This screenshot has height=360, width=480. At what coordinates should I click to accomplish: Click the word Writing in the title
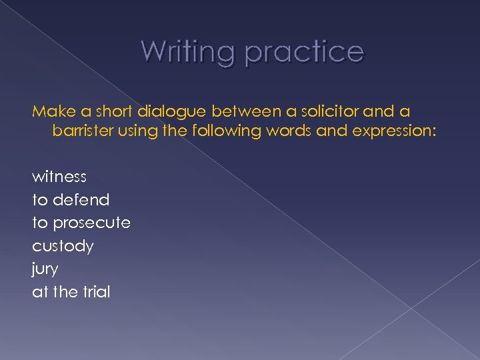pyautogui.click(x=188, y=51)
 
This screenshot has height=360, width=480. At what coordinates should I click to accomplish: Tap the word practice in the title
pyautogui.click(x=304, y=52)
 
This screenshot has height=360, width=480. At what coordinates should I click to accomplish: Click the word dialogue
pyautogui.click(x=165, y=111)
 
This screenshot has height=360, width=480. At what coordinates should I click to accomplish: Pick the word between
pyautogui.click(x=239, y=110)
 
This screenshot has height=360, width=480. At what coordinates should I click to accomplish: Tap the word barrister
pyautogui.click(x=83, y=131)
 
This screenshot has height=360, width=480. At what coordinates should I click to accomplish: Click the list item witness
pyautogui.click(x=59, y=177)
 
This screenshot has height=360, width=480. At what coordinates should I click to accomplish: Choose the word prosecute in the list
pyautogui.click(x=90, y=223)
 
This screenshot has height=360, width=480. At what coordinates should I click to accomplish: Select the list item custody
pyautogui.click(x=63, y=246)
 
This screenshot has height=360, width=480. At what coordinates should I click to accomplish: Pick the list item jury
pyautogui.click(x=45, y=269)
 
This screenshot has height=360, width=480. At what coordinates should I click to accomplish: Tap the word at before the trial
pyautogui.click(x=39, y=292)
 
